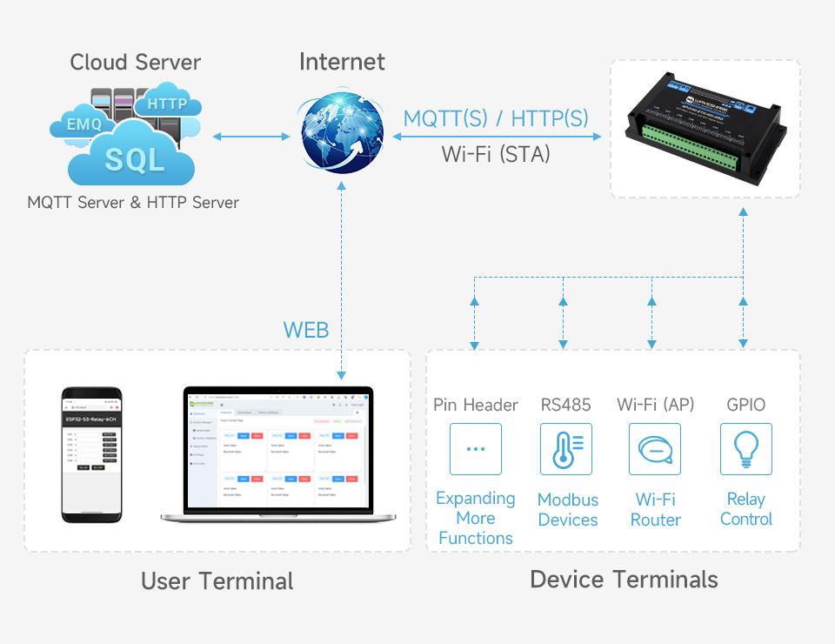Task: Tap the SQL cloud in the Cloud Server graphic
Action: click(x=134, y=158)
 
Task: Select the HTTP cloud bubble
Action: click(x=168, y=104)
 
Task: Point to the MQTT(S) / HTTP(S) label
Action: click(x=496, y=118)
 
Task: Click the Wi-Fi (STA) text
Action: click(x=496, y=154)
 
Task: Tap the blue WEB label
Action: click(x=306, y=330)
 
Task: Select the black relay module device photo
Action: click(x=705, y=128)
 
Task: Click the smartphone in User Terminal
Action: click(x=91, y=454)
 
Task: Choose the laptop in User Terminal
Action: click(x=278, y=455)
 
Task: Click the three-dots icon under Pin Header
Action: click(x=476, y=449)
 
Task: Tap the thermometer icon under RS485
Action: click(x=566, y=449)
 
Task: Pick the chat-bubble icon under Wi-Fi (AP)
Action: click(x=655, y=449)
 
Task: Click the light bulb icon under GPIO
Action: click(x=745, y=449)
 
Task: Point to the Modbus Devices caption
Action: click(x=568, y=510)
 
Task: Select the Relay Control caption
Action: click(x=746, y=509)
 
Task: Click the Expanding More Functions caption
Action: click(x=476, y=518)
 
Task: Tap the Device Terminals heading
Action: click(x=624, y=580)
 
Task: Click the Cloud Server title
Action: click(x=136, y=63)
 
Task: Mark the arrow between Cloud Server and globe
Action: click(x=251, y=137)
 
